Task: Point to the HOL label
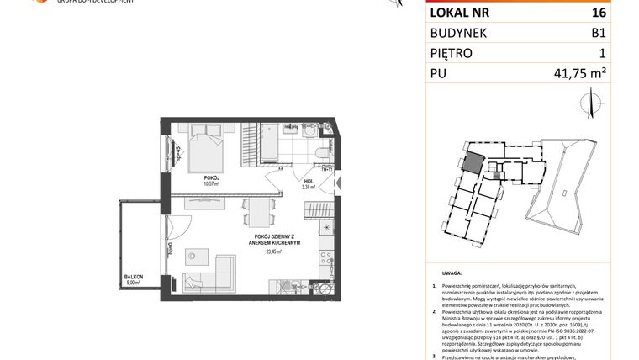309,180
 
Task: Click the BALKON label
133,277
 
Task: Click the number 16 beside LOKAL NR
598,13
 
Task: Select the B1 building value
598,33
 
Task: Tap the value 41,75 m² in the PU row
579,74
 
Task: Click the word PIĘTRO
452,54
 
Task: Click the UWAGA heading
451,273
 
